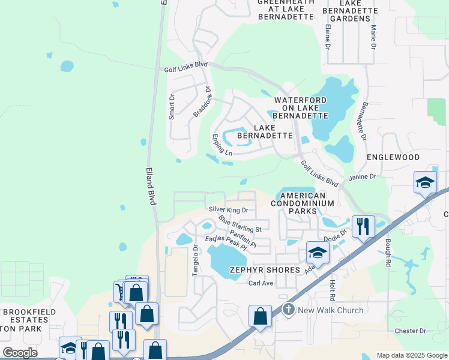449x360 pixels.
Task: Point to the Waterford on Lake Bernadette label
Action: pos(301,107)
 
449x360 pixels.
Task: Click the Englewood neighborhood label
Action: pos(393,157)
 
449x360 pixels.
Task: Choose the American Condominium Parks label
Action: pos(303,203)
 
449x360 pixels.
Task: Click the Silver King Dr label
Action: pos(228,210)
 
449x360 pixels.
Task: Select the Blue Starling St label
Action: pos(240,225)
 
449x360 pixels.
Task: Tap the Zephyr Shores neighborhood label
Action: pos(264,270)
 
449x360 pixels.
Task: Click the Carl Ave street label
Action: pos(261,283)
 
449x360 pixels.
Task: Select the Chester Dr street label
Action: pos(410,331)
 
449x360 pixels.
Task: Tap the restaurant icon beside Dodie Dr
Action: pos(363,226)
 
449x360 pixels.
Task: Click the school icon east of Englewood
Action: pos(425,182)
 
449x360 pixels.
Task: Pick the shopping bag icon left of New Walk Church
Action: pos(260,316)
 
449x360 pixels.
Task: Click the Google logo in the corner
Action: pos(20,353)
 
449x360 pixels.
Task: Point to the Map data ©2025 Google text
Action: pos(411,355)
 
